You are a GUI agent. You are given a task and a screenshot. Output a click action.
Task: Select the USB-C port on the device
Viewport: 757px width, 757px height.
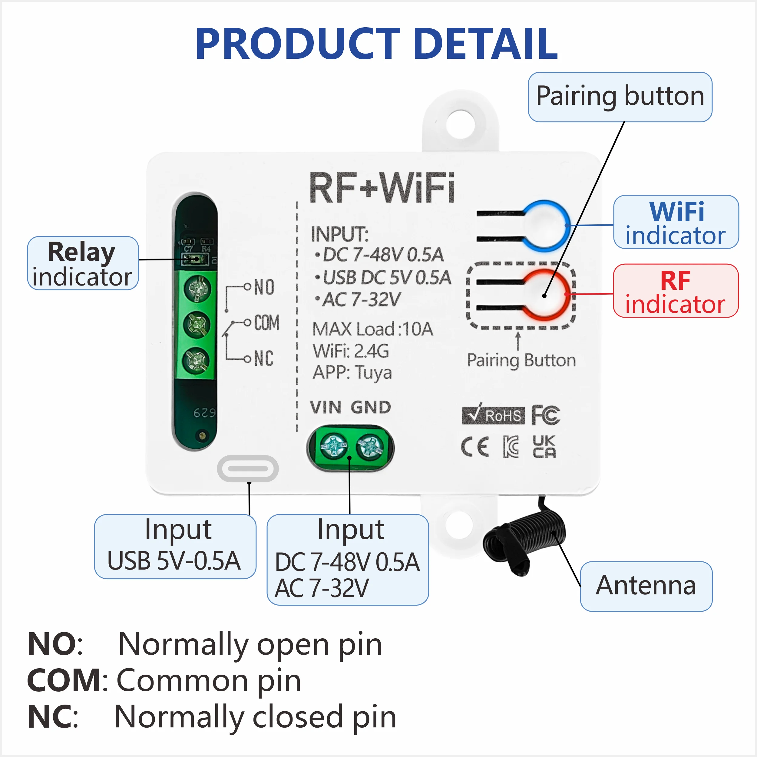pos(248,469)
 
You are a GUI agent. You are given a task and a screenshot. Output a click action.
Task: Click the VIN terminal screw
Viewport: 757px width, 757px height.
pos(334,446)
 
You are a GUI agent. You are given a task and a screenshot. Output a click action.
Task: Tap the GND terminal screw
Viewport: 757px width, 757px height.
pos(369,447)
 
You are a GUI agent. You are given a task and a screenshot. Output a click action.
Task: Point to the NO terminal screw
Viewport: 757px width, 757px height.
pos(197,289)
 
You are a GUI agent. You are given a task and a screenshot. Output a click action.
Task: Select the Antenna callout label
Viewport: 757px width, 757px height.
pos(646,586)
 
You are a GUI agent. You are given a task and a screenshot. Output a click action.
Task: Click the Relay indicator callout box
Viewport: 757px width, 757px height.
pos(83,263)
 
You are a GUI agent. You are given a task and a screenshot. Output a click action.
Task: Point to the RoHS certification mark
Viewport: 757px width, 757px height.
pos(493,415)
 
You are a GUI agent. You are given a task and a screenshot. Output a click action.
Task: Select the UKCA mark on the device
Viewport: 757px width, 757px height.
pos(544,446)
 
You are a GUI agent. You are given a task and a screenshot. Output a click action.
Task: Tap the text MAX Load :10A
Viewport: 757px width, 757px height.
pos(372,329)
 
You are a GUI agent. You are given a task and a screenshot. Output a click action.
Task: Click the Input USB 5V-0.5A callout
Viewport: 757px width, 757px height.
pos(175,546)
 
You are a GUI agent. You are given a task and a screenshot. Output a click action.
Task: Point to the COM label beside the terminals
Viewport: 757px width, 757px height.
pos(266,322)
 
